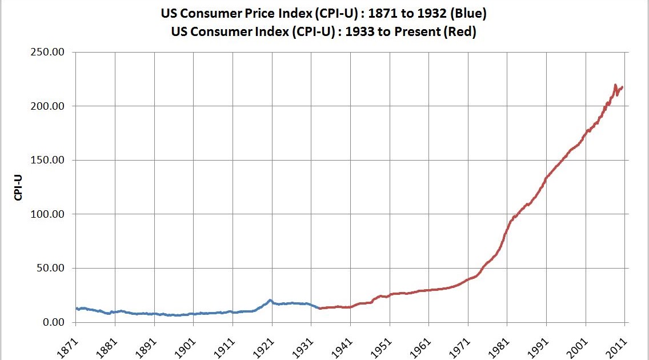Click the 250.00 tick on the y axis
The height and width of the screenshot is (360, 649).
pyautogui.click(x=53, y=53)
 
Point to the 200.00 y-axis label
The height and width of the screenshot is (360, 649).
pyautogui.click(x=53, y=106)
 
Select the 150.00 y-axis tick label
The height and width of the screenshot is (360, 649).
pyautogui.click(x=53, y=161)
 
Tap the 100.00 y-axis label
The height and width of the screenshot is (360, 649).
pyautogui.click(x=53, y=214)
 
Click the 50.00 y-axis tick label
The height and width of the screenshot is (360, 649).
pyautogui.click(x=55, y=269)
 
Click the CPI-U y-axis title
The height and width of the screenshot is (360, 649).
pyautogui.click(x=18, y=187)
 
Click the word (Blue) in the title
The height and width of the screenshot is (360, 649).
pyautogui.click(x=467, y=13)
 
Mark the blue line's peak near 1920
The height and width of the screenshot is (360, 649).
pyautogui.click(x=270, y=300)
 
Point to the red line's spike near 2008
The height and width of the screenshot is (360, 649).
pyautogui.click(x=615, y=85)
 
